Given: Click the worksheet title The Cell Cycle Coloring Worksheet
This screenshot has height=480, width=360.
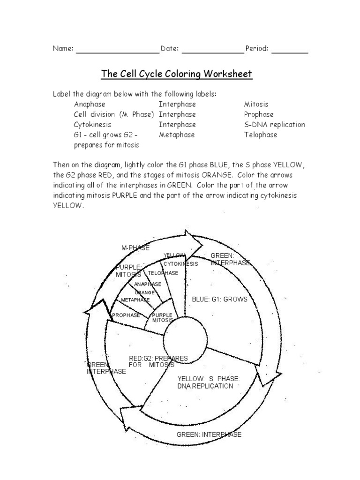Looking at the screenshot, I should pos(177,74).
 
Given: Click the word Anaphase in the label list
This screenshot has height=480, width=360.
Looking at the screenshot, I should pos(90,104).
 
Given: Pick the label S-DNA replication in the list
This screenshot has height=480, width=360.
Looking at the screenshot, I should pos(274,125).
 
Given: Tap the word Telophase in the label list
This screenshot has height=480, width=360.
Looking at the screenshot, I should pos(261,135).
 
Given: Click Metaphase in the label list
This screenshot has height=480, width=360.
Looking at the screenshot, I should pos(177,135).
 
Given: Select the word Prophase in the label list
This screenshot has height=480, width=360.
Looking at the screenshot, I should pos(259,114).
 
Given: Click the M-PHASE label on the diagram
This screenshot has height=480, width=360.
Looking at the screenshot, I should pos(135,247).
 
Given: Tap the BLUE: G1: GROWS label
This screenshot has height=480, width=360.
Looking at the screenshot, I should pos(219,299).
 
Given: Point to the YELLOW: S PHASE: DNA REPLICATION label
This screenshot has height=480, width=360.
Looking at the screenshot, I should pos(209,382).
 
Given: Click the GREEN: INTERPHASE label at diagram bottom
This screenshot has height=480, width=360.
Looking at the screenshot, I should pos(209,435).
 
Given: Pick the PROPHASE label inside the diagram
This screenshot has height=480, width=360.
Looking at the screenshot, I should pos(126,315).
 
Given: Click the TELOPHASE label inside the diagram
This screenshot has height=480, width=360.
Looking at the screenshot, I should pos(163,273).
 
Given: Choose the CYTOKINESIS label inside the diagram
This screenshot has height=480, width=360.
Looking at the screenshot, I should pos(181,264).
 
